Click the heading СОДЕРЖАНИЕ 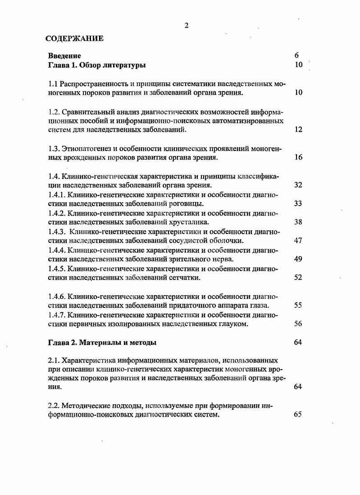(75, 38)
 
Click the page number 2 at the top (186, 25)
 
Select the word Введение (64, 56)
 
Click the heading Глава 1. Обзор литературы (97, 65)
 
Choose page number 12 (298, 130)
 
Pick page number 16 (298, 157)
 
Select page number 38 (298, 222)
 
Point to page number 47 (298, 241)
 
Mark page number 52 (298, 278)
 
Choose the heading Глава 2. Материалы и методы (102, 343)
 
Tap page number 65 (298, 415)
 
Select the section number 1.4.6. (57, 296)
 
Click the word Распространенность (93, 84)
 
